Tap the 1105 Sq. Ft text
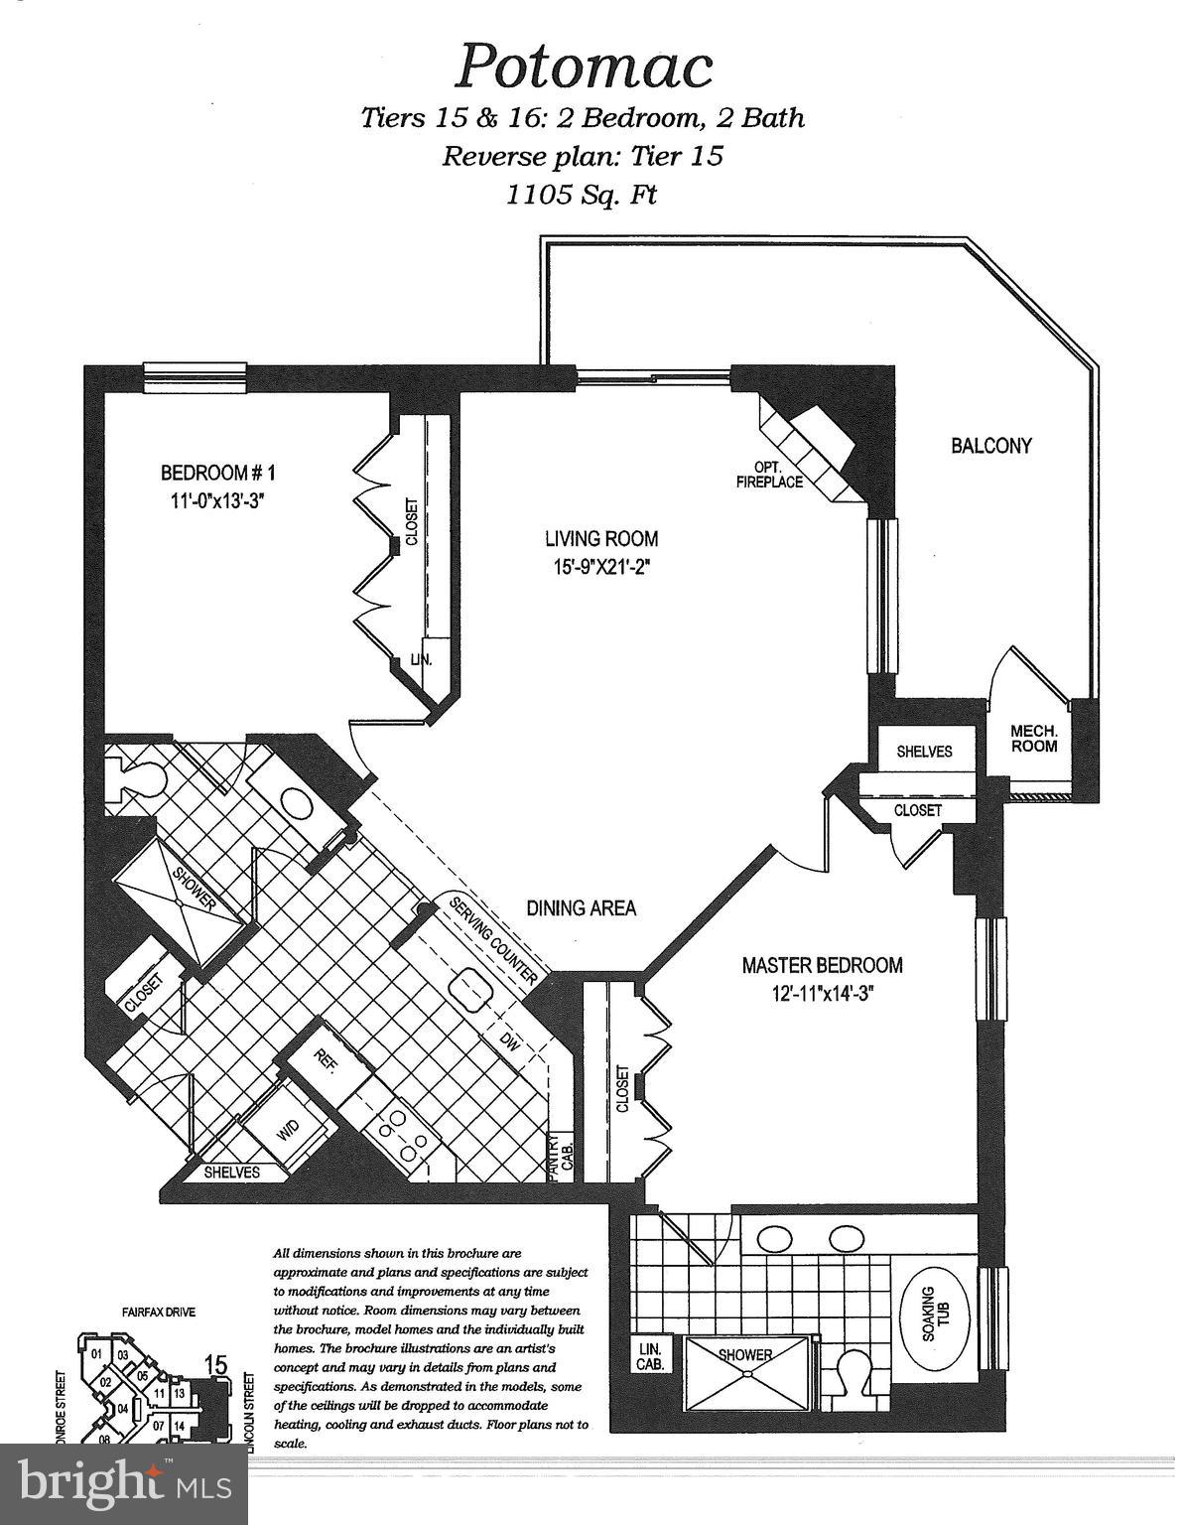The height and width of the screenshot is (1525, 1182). click(582, 194)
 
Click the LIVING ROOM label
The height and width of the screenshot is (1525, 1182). click(600, 539)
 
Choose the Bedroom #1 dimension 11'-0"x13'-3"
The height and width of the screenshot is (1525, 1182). click(216, 500)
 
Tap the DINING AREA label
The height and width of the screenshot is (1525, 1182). click(581, 907)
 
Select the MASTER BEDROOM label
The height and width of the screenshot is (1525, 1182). click(823, 964)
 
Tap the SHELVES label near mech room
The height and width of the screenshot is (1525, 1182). click(924, 752)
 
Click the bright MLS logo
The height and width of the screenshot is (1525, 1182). click(124, 1482)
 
